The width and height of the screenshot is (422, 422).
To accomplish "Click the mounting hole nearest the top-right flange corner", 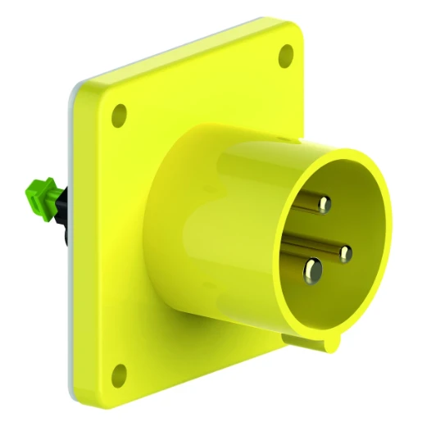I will tap(286, 56).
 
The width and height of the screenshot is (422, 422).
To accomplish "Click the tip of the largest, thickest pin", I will tap(312, 268).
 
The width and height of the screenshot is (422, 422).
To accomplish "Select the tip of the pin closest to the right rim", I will tap(344, 251).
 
